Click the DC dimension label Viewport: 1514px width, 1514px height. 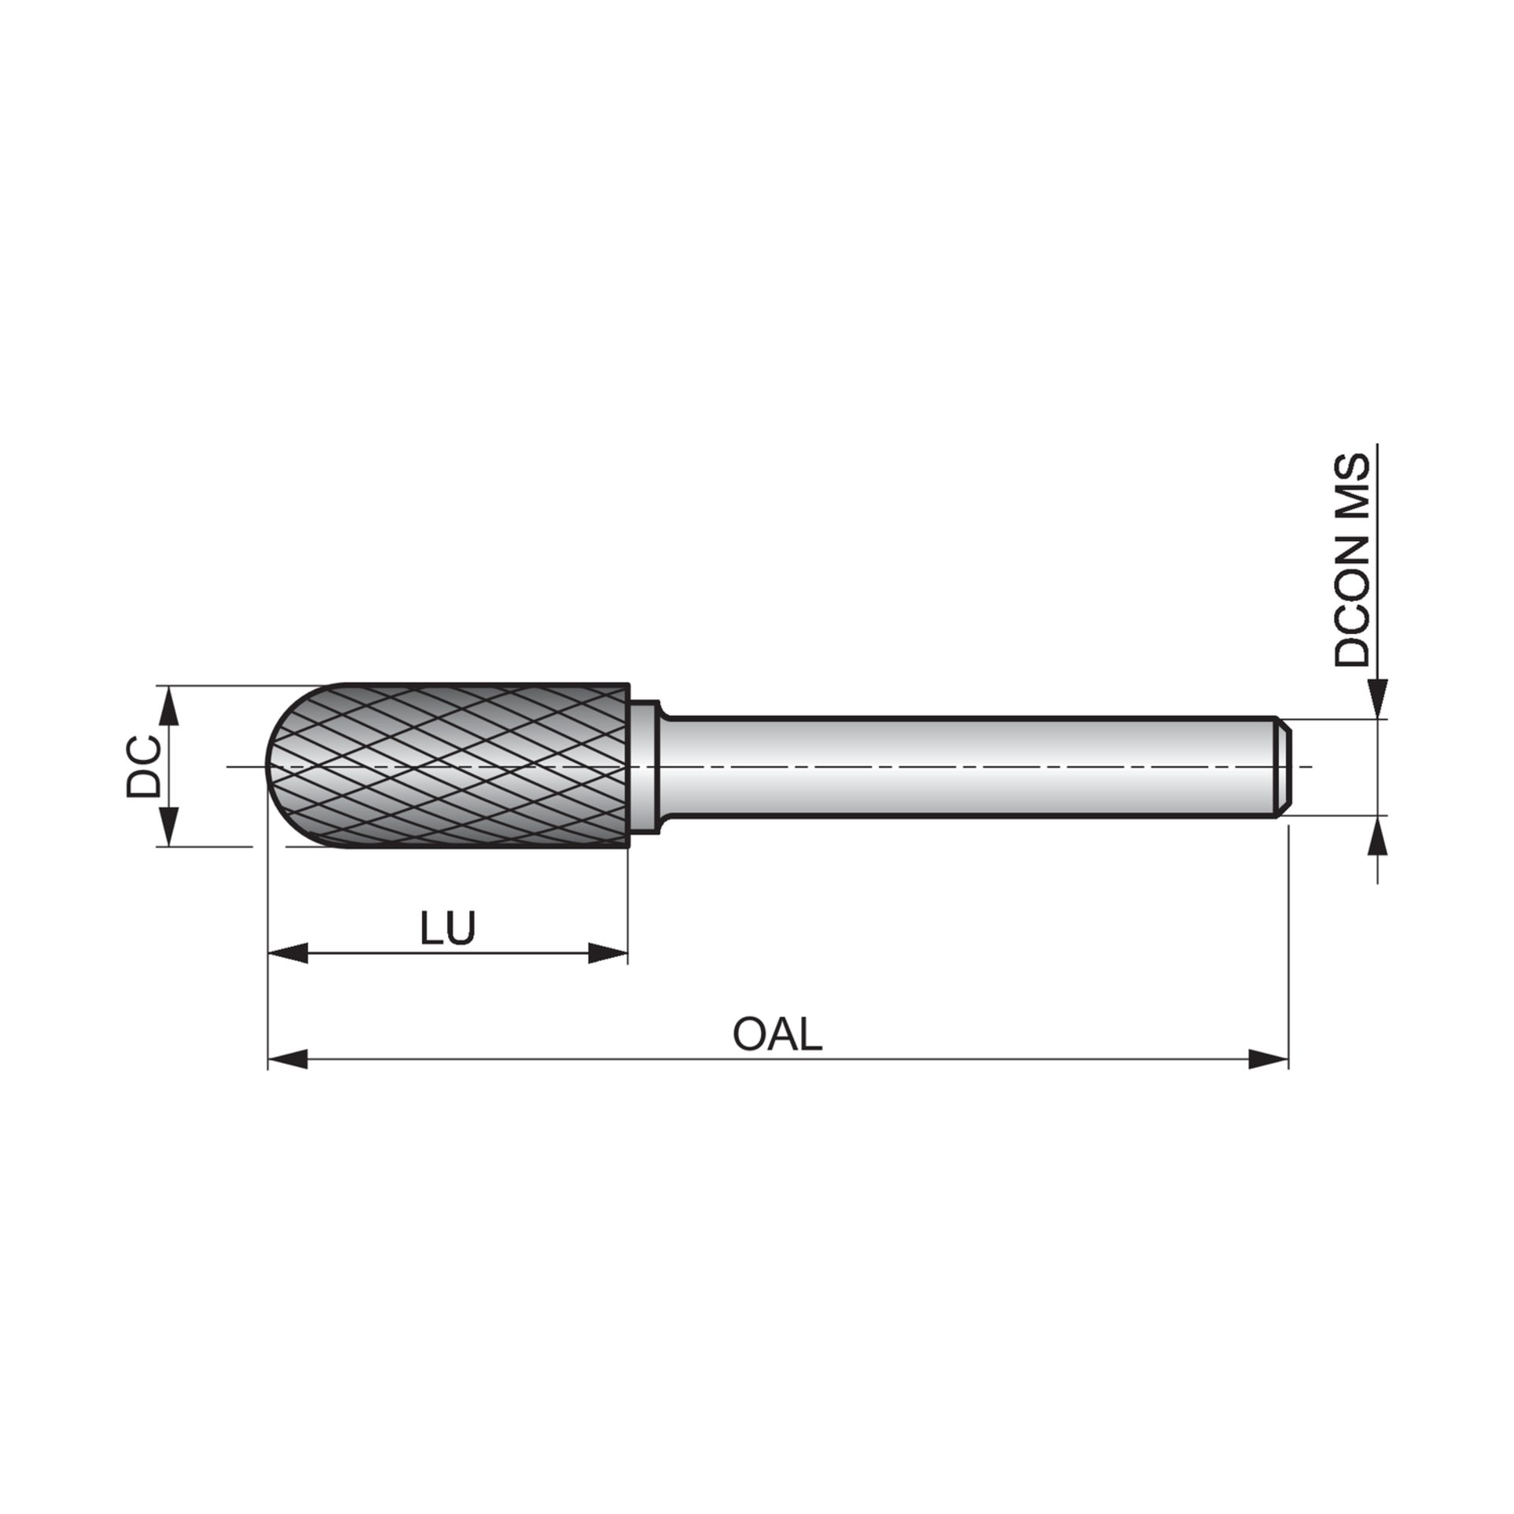coord(144,766)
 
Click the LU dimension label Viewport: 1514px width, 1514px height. coord(447,928)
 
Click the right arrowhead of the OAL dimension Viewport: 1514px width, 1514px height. coord(1269,1060)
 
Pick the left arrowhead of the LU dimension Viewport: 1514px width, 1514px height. coord(287,953)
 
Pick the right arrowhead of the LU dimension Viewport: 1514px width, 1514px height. coord(608,953)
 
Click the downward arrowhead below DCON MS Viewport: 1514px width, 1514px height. coord(1378,699)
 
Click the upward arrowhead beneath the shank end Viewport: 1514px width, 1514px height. coord(1378,835)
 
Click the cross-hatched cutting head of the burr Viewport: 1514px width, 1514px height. coord(457,766)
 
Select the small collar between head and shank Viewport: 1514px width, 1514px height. coord(646,766)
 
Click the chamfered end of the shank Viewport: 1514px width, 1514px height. coord(1283,766)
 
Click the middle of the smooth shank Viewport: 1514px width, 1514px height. coord(970,766)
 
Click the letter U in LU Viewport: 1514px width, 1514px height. coord(460,928)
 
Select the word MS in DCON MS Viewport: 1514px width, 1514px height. coord(1352,484)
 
